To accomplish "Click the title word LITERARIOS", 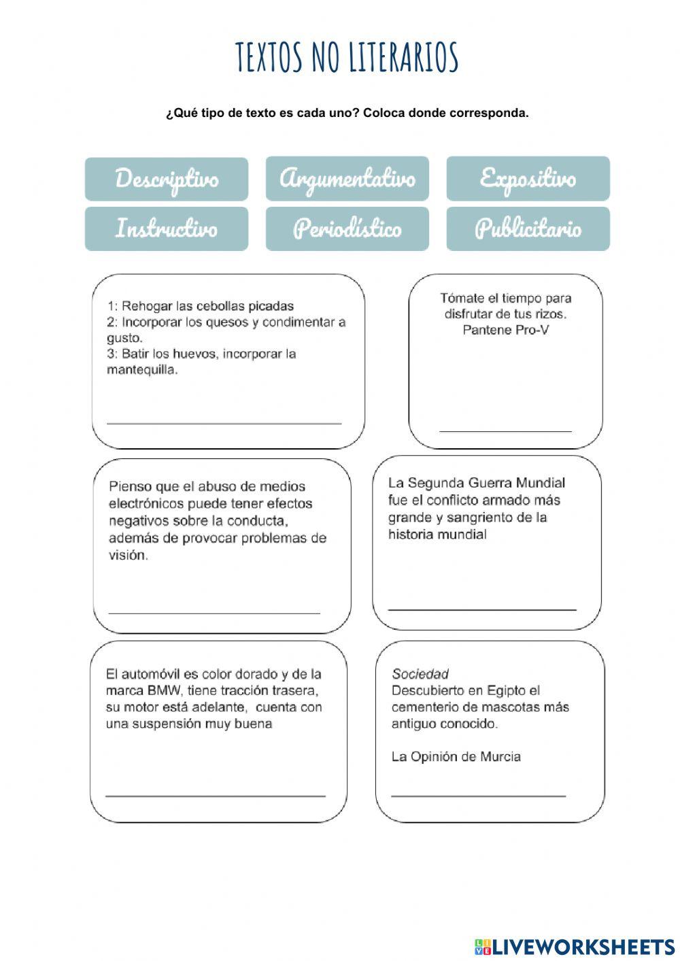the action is pyautogui.click(x=404, y=57).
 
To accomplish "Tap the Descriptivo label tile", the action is pyautogui.click(x=167, y=179).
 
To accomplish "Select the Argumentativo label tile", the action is pyautogui.click(x=347, y=179).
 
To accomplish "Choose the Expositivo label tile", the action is pyautogui.click(x=528, y=179).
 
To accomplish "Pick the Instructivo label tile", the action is pyautogui.click(x=167, y=229).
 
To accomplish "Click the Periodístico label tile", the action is pyautogui.click(x=347, y=229).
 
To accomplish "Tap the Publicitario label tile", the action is pyautogui.click(x=528, y=229).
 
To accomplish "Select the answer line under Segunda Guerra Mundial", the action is pyautogui.click(x=482, y=608).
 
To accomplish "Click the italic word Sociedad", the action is pyautogui.click(x=420, y=674).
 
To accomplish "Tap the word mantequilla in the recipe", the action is pyautogui.click(x=142, y=370).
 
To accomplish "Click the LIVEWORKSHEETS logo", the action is pyautogui.click(x=575, y=946).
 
